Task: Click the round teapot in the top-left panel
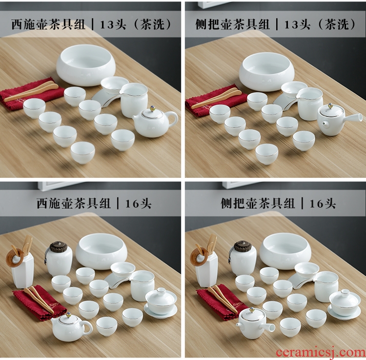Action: point(154,124)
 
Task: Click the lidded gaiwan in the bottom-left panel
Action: point(161,302)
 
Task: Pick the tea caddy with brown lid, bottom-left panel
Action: point(59,258)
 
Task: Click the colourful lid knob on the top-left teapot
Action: point(152,109)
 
